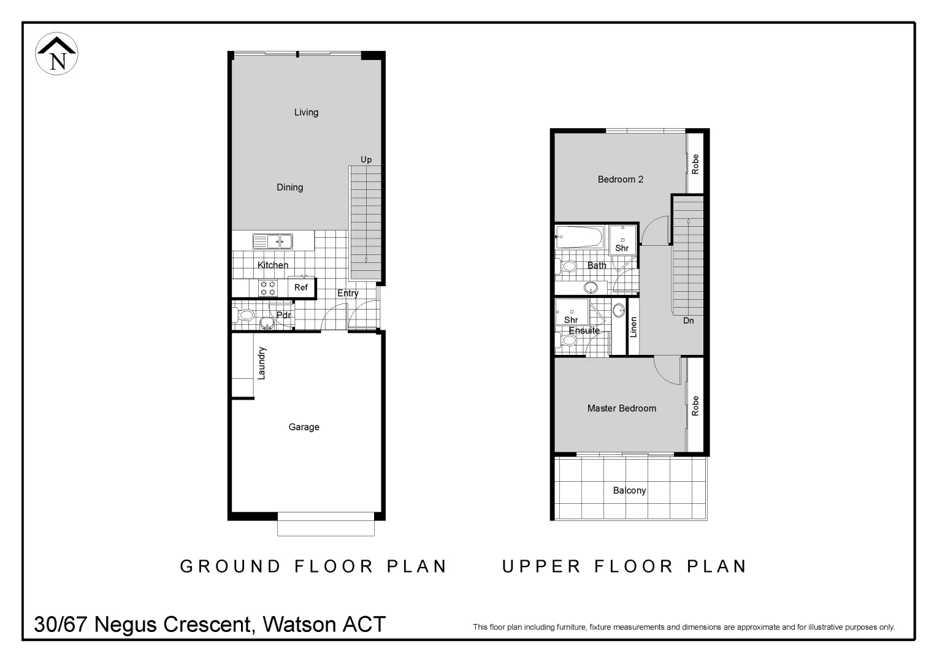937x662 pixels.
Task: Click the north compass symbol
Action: (57, 55)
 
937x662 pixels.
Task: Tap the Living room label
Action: (306, 112)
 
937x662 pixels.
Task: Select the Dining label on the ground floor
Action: (289, 188)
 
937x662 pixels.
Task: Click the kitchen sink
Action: (273, 242)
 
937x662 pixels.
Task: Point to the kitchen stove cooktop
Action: (267, 288)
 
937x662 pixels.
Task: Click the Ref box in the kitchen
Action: (301, 287)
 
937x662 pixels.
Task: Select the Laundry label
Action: (262, 363)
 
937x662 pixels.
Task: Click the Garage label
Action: (304, 427)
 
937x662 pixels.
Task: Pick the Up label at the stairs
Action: (366, 159)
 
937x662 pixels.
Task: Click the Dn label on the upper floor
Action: (689, 321)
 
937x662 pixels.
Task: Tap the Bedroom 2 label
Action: (621, 180)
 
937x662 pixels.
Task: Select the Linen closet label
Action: (633, 327)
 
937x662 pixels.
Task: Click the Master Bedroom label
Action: (622, 408)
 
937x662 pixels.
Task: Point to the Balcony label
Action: (630, 490)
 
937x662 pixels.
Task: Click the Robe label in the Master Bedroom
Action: (695, 406)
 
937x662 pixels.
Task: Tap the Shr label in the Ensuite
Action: (571, 320)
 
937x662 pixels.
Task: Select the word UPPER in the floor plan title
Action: (541, 566)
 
